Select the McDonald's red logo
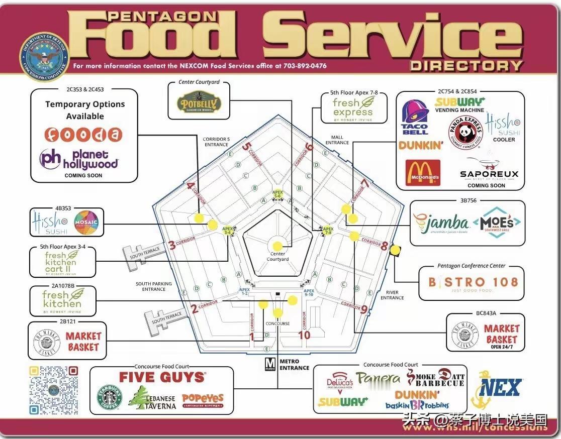[423, 173]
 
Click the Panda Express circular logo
[465, 132]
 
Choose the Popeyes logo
[203, 400]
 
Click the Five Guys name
[162, 377]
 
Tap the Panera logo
[379, 378]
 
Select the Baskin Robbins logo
[417, 405]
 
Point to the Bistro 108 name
[473, 282]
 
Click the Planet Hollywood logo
[79, 159]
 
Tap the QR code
[53, 390]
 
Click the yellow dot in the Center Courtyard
[277, 246]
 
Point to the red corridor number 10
[304, 335]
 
